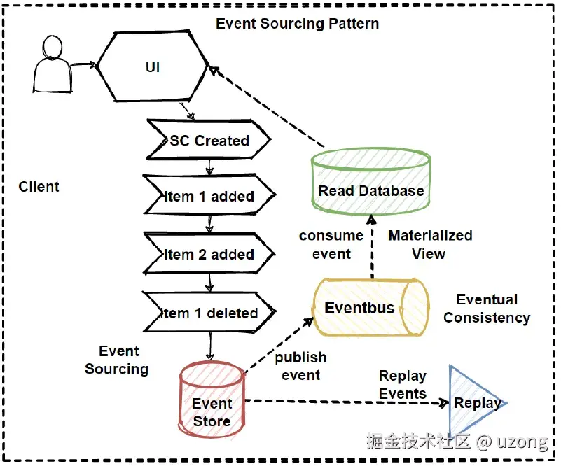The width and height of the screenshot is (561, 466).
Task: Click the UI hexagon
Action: [x=152, y=67]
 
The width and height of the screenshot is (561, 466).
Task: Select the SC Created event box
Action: [x=209, y=141]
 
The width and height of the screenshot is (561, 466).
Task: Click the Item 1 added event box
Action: [x=209, y=197]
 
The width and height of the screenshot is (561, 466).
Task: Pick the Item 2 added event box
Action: [x=209, y=255]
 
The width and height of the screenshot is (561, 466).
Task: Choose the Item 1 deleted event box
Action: [x=209, y=313]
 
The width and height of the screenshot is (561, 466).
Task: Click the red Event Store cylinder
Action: [x=212, y=405]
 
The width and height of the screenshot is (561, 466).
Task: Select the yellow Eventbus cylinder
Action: [x=370, y=308]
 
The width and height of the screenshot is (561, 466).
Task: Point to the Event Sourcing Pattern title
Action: [x=297, y=23]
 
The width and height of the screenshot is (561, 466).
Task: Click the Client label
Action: [x=39, y=187]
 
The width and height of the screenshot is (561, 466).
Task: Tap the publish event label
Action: [x=300, y=367]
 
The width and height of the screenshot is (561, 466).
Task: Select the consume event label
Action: [x=331, y=244]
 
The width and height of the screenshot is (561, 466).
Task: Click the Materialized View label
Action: [x=430, y=244]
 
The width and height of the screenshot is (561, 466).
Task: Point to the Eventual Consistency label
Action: [x=487, y=309]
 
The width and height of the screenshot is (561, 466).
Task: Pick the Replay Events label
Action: [x=403, y=385]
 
